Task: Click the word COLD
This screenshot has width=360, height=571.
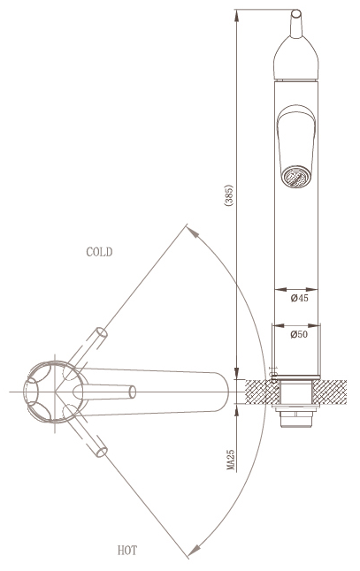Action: coord(99,252)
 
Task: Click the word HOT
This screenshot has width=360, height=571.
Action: coord(127,551)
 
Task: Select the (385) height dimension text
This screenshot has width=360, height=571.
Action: coord(229,196)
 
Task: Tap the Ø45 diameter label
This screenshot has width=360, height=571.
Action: coord(300,298)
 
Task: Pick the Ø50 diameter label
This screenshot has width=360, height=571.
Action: coord(299,334)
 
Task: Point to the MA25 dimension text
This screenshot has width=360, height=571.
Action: coord(231,460)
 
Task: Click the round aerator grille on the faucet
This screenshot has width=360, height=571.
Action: coord(296,177)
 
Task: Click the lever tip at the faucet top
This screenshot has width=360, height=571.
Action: coord(295,13)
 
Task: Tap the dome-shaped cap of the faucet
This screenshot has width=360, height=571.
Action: coord(295,57)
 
